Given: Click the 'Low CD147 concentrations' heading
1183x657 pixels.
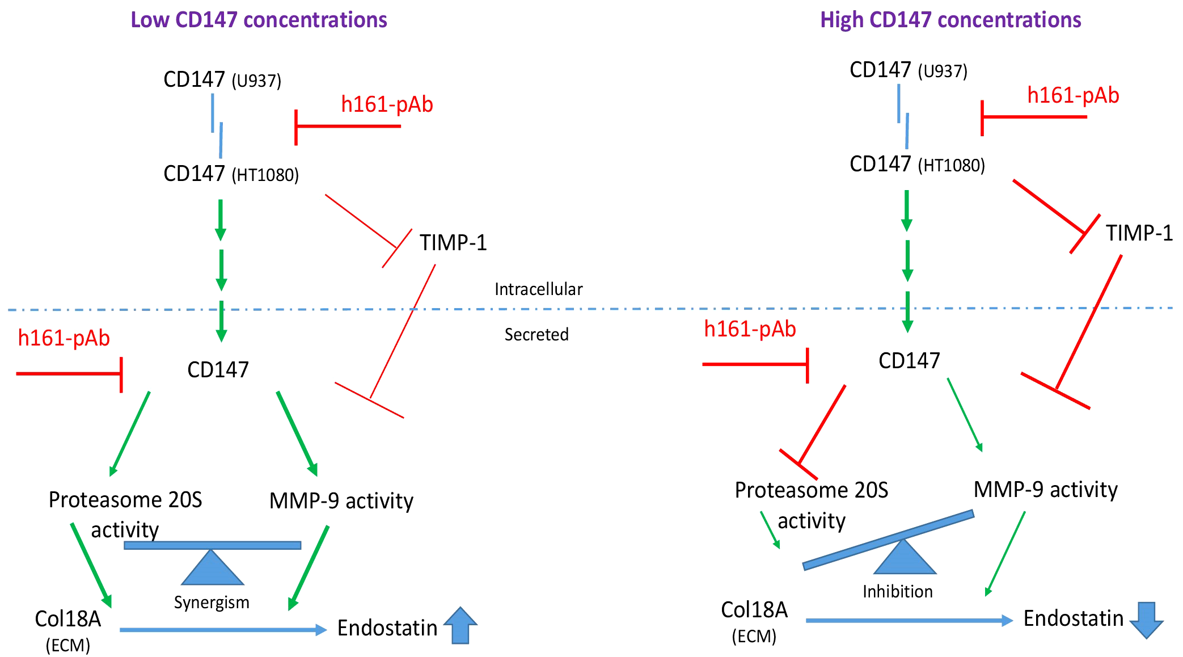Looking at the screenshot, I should [x=259, y=20].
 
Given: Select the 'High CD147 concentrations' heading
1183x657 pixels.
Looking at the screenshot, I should [x=950, y=20].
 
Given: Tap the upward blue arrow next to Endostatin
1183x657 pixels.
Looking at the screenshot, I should [x=460, y=625].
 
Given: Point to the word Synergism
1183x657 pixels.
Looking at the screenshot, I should [x=212, y=602].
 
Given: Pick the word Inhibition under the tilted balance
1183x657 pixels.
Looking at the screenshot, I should [x=897, y=592].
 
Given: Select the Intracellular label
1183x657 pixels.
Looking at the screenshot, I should [x=538, y=289].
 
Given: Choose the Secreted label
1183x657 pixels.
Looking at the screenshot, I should [x=536, y=335].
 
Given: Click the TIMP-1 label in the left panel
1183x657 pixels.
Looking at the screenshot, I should [x=453, y=243].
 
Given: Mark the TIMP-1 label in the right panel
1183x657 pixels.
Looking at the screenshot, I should [x=1139, y=233].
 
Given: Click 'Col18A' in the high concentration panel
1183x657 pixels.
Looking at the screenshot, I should [x=754, y=610].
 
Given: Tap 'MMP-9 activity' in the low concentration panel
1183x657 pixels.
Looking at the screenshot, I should [x=341, y=501].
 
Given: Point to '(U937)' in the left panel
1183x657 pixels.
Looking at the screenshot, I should [x=256, y=81].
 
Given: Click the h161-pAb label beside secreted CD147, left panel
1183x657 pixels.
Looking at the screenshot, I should [x=64, y=338].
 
